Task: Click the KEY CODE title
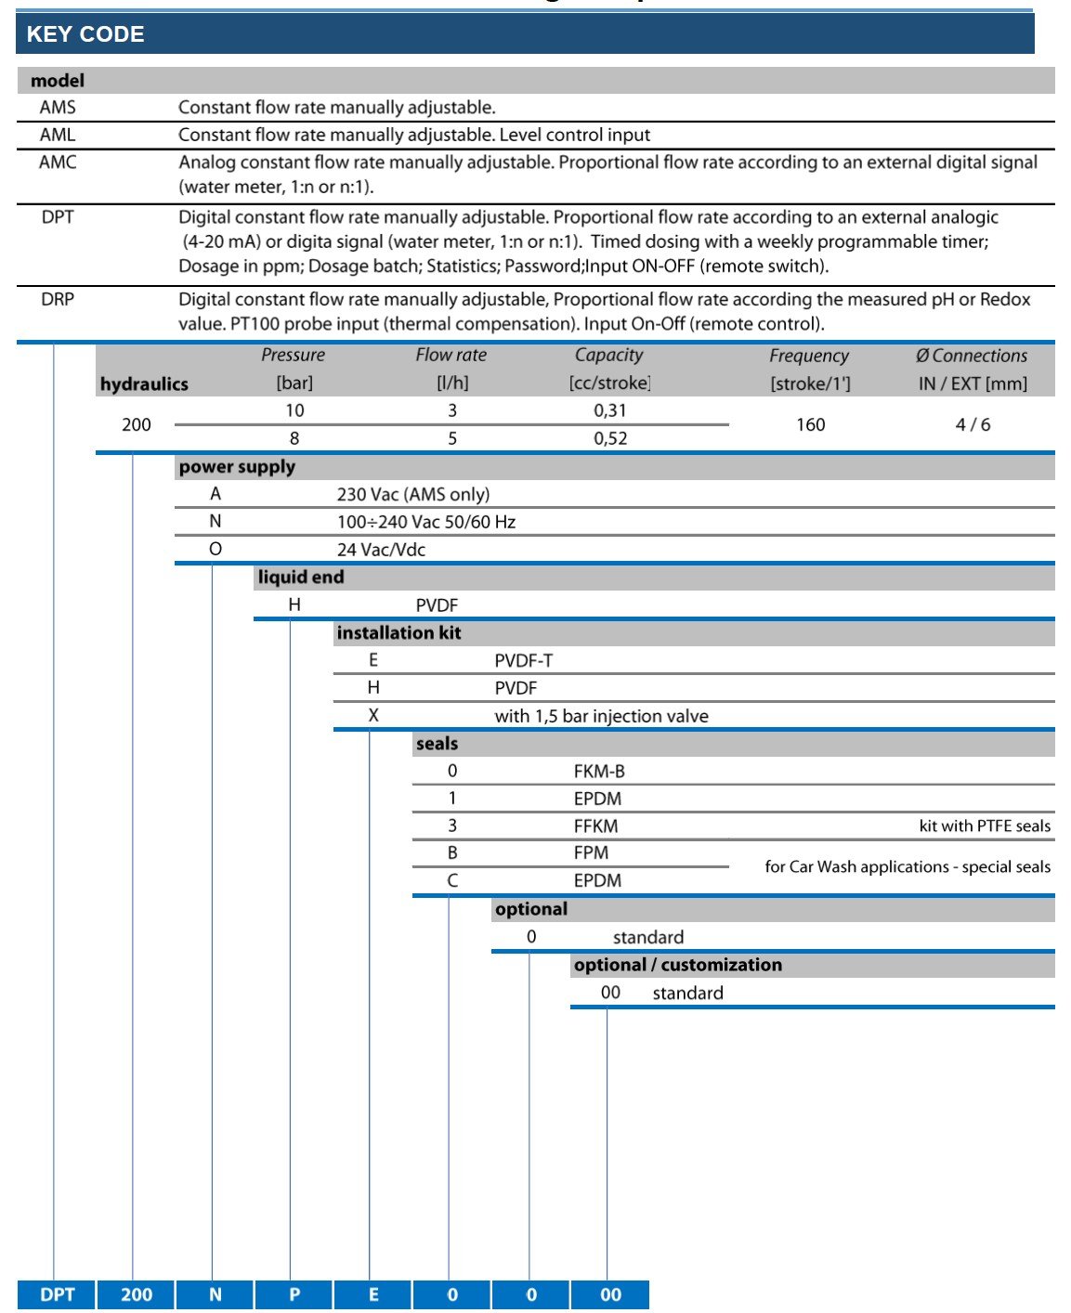click(x=85, y=34)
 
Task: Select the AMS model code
click(x=58, y=108)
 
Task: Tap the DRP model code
click(x=58, y=299)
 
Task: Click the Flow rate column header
click(x=451, y=355)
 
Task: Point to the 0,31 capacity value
click(x=610, y=410)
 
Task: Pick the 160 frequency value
click(x=810, y=424)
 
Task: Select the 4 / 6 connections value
click(x=973, y=424)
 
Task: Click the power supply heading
click(x=237, y=467)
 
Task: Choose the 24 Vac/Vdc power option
click(x=381, y=550)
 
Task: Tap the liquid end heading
click(x=301, y=578)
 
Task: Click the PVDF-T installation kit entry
click(x=523, y=660)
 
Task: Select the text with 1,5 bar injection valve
click(x=601, y=716)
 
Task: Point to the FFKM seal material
click(x=595, y=825)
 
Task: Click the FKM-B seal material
click(x=599, y=771)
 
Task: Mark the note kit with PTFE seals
click(x=985, y=825)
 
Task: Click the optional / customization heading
click(x=678, y=965)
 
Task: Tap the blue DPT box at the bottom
click(x=57, y=1294)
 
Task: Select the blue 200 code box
click(x=137, y=1294)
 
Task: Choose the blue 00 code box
click(x=610, y=1294)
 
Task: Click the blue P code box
click(x=294, y=1294)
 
